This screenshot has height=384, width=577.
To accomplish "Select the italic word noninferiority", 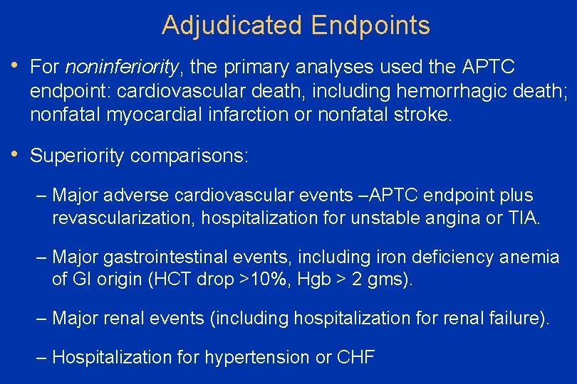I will click(121, 67).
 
